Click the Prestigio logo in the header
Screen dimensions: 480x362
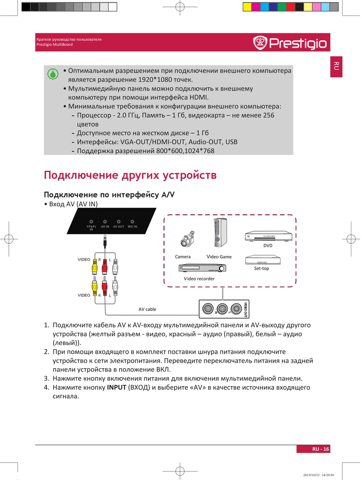(x=290, y=43)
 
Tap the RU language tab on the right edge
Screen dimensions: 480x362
(x=336, y=66)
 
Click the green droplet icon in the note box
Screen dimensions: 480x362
(x=53, y=74)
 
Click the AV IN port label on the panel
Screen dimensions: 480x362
(x=105, y=227)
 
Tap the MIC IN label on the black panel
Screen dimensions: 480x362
(x=132, y=227)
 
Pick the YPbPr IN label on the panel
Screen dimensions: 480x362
(x=91, y=228)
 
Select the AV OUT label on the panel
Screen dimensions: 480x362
(x=119, y=227)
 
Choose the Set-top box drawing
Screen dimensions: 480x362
(x=263, y=260)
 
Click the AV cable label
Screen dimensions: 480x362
(x=147, y=309)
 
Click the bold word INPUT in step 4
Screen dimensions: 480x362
(x=117, y=388)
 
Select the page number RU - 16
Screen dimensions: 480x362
(x=320, y=449)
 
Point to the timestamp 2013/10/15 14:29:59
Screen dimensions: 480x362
(x=319, y=475)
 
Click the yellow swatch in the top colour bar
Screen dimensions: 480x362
(x=247, y=6)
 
